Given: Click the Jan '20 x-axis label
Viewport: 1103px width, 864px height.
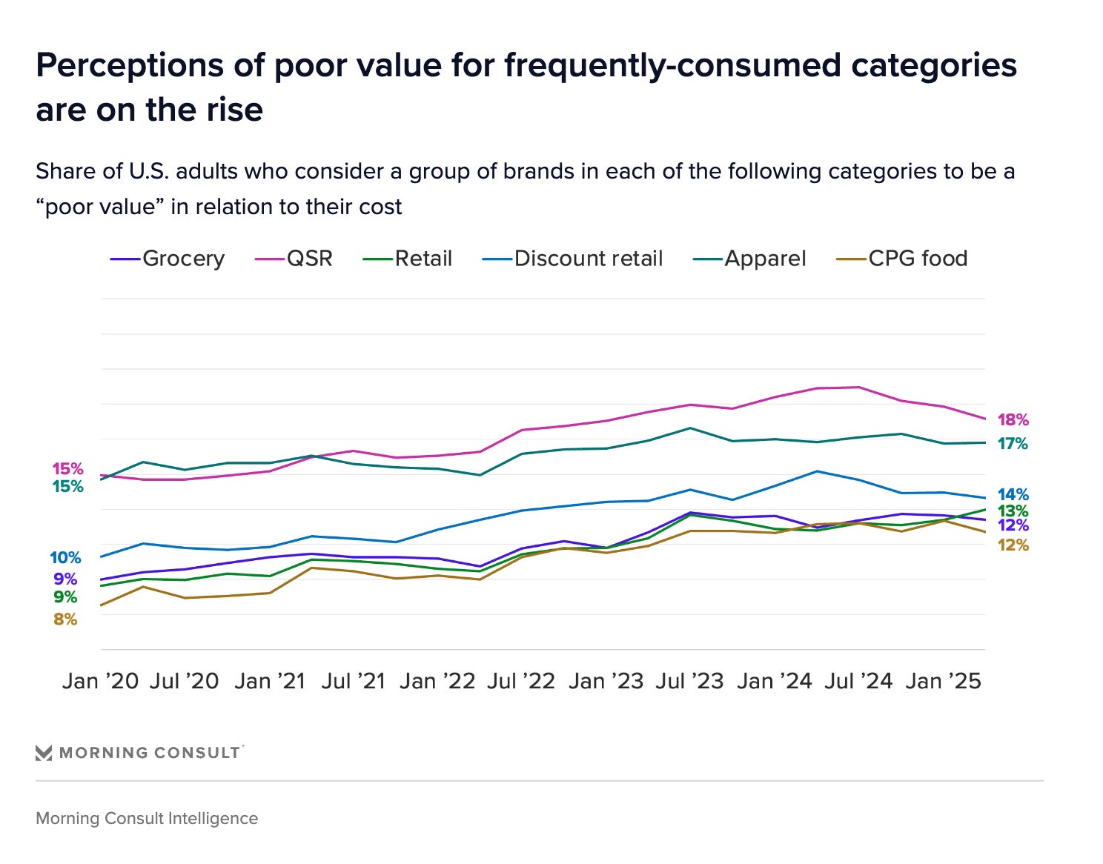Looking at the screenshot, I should point(100,681).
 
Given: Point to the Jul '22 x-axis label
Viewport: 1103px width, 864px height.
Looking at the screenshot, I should point(521,681).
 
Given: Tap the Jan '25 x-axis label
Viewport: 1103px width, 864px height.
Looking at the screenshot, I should point(943,681).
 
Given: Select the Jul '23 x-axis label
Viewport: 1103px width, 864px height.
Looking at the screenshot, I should point(689,681).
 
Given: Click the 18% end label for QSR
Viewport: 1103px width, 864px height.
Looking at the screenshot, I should point(1013,420).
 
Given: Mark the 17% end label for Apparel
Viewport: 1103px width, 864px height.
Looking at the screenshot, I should point(1013,444).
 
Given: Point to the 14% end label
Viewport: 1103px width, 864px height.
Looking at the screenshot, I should point(1013,494).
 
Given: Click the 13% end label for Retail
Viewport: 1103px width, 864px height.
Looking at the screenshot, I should point(1013,511).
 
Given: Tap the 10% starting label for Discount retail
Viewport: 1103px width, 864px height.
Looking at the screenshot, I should point(65,558).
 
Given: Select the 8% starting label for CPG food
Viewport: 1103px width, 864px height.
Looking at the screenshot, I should point(65,619).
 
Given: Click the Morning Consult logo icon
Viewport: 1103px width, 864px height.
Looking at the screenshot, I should point(44,753).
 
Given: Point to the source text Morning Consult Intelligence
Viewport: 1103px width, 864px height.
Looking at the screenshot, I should point(147,819).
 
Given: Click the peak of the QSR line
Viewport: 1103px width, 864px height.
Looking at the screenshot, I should point(858,387).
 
